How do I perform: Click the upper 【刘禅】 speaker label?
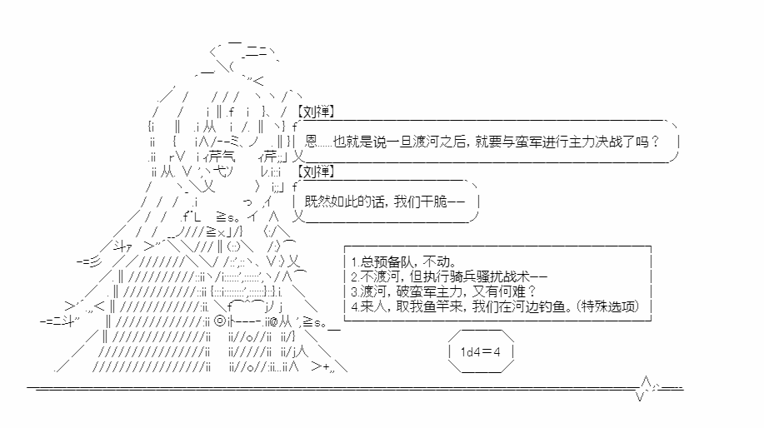(x=316, y=112)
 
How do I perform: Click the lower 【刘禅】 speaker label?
(x=316, y=172)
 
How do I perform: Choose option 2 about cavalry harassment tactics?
(x=449, y=276)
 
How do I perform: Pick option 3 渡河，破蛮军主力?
(x=443, y=291)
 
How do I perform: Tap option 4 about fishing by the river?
(x=495, y=306)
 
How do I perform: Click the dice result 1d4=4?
(x=481, y=351)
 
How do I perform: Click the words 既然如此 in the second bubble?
(x=330, y=202)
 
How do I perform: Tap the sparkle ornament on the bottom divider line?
(x=647, y=388)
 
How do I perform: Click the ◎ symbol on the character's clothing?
(x=220, y=321)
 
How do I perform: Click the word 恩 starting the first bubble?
(x=311, y=142)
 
